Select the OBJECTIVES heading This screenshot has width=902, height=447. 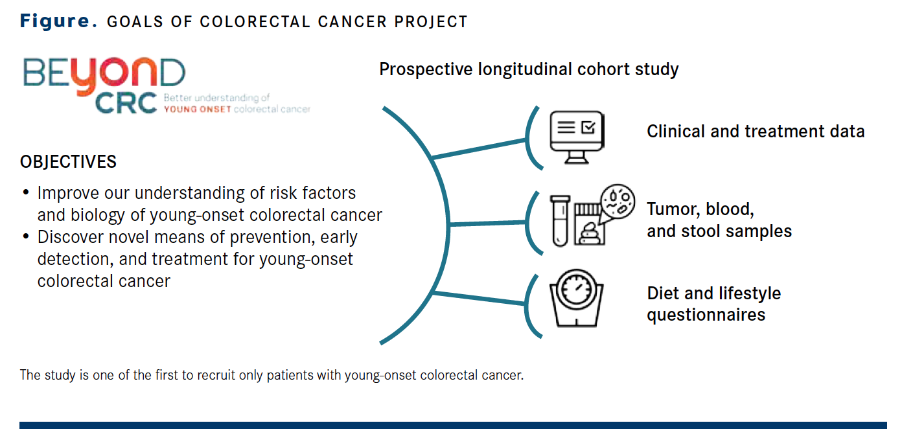[68, 161]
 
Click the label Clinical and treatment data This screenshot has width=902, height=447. [756, 132]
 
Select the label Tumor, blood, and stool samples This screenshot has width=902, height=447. [719, 220]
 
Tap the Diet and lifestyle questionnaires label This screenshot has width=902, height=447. [713, 304]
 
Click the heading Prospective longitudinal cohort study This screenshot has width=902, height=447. [529, 69]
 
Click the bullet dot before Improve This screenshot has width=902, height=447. [26, 193]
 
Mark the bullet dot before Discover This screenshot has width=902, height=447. [26, 237]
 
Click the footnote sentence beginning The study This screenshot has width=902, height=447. [271, 375]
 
